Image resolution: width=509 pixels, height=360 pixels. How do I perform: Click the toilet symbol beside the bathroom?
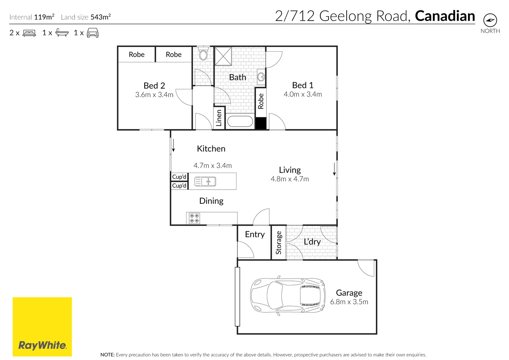[203, 53]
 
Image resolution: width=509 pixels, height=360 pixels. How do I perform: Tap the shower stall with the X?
[223, 56]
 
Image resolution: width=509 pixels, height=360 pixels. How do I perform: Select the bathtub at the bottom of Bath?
[240, 122]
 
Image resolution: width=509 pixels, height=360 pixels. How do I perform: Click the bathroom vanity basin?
[261, 77]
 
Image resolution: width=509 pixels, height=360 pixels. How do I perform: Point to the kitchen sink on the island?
[205, 181]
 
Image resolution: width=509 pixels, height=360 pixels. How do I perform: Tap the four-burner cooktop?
[194, 218]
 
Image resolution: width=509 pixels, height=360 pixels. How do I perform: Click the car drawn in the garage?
[288, 296]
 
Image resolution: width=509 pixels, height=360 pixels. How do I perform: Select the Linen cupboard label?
[219, 118]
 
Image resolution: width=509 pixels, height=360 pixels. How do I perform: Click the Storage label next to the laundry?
[279, 243]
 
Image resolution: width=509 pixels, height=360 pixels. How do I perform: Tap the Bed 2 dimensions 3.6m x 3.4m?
[154, 94]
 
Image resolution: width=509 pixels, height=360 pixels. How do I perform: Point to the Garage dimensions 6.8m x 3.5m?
[349, 302]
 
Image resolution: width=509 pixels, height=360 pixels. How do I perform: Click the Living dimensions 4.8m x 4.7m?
[290, 179]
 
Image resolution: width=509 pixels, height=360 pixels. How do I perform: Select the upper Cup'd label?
[179, 177]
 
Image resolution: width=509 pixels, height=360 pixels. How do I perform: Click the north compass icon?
[490, 20]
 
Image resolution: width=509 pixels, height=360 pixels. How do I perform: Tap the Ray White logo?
[42, 327]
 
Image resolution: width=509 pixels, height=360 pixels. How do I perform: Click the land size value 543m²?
[101, 17]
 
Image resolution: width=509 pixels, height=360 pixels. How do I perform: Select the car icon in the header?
[93, 33]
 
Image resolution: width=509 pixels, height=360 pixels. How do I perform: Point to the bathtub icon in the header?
[62, 32]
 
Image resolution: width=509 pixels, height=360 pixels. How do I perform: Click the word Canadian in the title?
[445, 16]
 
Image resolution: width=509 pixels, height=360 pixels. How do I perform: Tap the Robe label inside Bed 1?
[261, 101]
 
